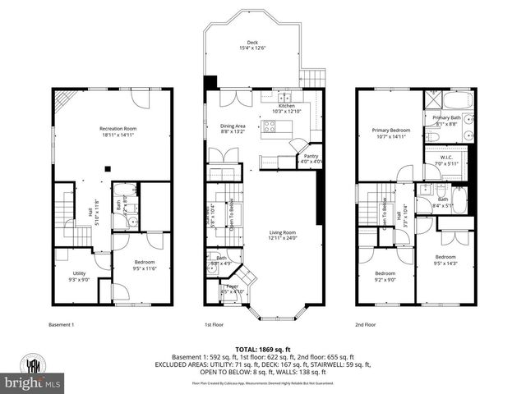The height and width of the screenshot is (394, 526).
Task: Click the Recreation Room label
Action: (118, 131)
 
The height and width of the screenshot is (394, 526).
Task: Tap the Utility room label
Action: (79, 276)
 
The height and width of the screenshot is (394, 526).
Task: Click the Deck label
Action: (252, 46)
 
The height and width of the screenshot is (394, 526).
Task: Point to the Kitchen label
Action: (286, 108)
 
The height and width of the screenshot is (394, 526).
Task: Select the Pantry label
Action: (311, 158)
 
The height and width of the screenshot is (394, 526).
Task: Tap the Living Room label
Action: (282, 236)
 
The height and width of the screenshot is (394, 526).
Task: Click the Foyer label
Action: (233, 288)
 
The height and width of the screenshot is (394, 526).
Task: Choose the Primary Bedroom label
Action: (390, 133)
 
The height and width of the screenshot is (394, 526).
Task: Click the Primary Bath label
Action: (446, 121)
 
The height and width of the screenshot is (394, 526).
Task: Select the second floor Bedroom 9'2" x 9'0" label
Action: (385, 276)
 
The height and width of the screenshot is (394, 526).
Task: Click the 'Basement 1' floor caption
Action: (61, 324)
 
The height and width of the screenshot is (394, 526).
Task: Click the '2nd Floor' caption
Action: (365, 324)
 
